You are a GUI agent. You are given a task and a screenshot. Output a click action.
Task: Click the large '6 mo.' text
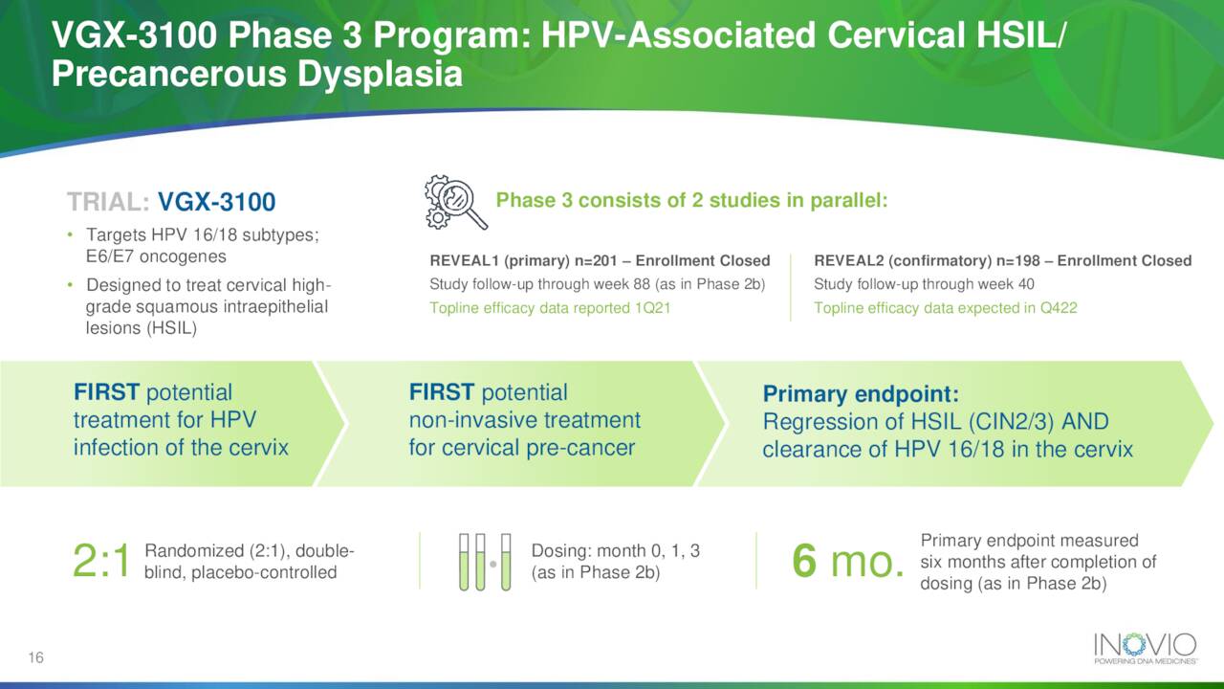click(x=848, y=563)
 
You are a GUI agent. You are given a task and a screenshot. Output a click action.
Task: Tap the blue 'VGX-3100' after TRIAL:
click(x=216, y=202)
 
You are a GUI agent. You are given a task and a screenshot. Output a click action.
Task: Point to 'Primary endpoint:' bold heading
click(x=860, y=394)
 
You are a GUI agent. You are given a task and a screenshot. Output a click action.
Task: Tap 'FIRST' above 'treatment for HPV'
click(x=106, y=392)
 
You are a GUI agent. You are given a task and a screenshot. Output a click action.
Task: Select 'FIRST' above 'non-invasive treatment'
click(x=441, y=392)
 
